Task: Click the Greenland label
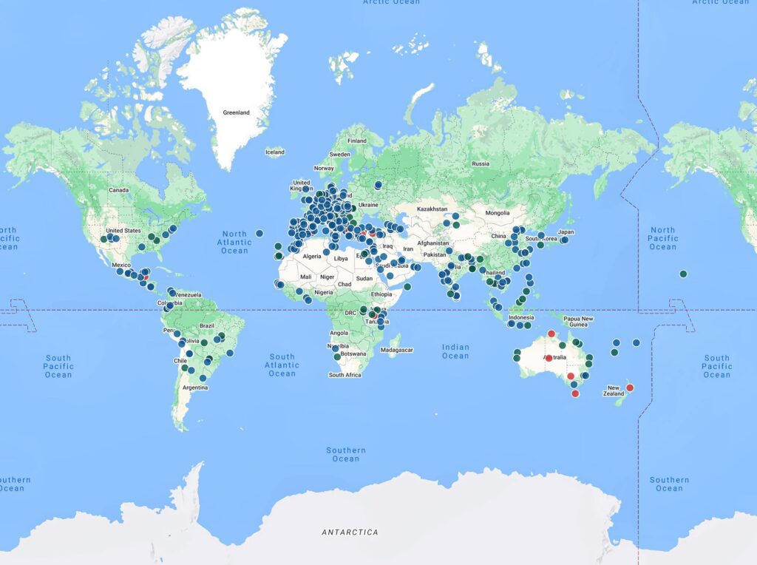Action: [237, 112]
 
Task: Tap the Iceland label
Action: [274, 152]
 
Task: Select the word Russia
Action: [481, 163]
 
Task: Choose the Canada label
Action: [119, 190]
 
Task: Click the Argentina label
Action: [194, 388]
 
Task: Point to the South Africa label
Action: [344, 375]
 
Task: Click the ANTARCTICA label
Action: [350, 532]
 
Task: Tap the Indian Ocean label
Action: [455, 351]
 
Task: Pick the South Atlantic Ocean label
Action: [282, 365]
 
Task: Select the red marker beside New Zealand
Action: [630, 388]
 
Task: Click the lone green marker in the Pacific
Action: [684, 274]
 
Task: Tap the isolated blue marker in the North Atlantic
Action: [259, 234]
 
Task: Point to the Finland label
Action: [357, 141]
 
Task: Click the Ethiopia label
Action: [382, 294]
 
